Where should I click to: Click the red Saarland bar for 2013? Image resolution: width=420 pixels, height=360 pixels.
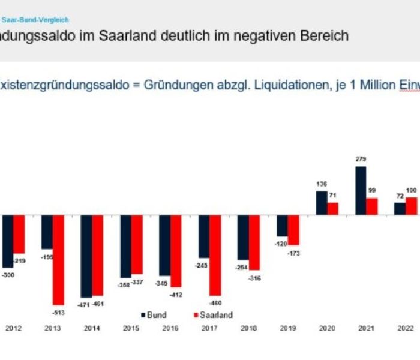coord(58,260)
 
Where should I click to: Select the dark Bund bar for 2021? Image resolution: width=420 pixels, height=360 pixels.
coord(361,190)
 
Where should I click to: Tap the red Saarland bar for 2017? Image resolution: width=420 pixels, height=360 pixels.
coord(215,255)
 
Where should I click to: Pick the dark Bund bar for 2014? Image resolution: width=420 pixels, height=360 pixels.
coord(86,256)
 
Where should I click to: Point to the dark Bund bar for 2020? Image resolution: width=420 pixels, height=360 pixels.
coord(322,203)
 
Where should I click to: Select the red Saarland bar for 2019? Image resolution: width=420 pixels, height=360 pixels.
coord(293,230)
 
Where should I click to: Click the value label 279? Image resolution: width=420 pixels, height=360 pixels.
coord(361,159)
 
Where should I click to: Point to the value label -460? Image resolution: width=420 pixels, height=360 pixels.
coord(215,303)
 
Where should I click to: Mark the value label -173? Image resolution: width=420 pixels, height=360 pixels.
coord(294,253)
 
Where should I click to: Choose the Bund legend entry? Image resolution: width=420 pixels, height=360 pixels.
coord(154,315)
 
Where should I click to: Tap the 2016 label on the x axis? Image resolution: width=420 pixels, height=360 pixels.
coord(170,328)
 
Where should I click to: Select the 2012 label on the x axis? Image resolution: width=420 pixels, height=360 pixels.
coord(13,328)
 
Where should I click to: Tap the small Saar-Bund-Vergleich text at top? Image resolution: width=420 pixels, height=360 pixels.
coord(35,20)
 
